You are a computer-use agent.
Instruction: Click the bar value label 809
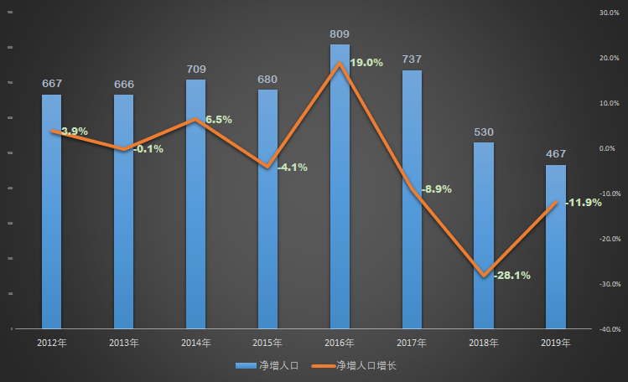(340, 34)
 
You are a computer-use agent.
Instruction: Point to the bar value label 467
(556, 154)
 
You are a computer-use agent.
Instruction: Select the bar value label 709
(196, 70)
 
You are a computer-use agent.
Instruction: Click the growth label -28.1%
(510, 275)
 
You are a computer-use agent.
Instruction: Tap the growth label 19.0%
(365, 63)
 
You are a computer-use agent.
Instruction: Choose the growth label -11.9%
(583, 203)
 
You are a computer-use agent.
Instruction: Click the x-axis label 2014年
(195, 343)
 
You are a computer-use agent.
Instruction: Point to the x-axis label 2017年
(412, 343)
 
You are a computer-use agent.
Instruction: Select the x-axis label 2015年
(267, 343)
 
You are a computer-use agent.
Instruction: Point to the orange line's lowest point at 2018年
(484, 276)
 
